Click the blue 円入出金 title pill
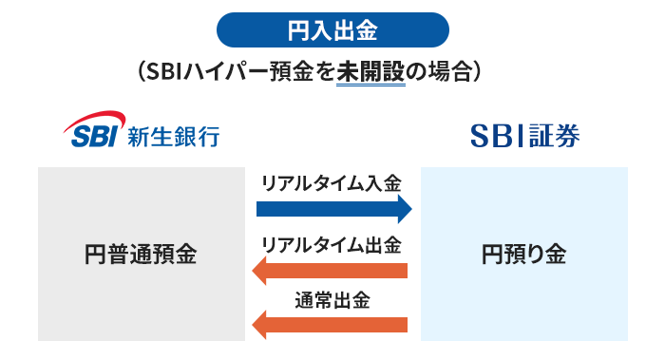pyautogui.click(x=332, y=30)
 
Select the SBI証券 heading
pyautogui.click(x=524, y=136)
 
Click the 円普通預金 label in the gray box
pyautogui.click(x=141, y=255)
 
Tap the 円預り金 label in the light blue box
pyautogui.click(x=523, y=255)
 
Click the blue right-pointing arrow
pyautogui.click(x=332, y=209)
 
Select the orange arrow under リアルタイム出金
pyautogui.click(x=332, y=272)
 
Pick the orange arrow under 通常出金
pyautogui.click(x=332, y=326)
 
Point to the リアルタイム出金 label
pyautogui.click(x=332, y=244)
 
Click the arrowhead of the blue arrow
pyautogui.click(x=405, y=209)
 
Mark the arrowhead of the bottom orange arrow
pyautogui.click(x=258, y=326)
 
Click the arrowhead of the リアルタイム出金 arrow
pyautogui.click(x=258, y=272)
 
